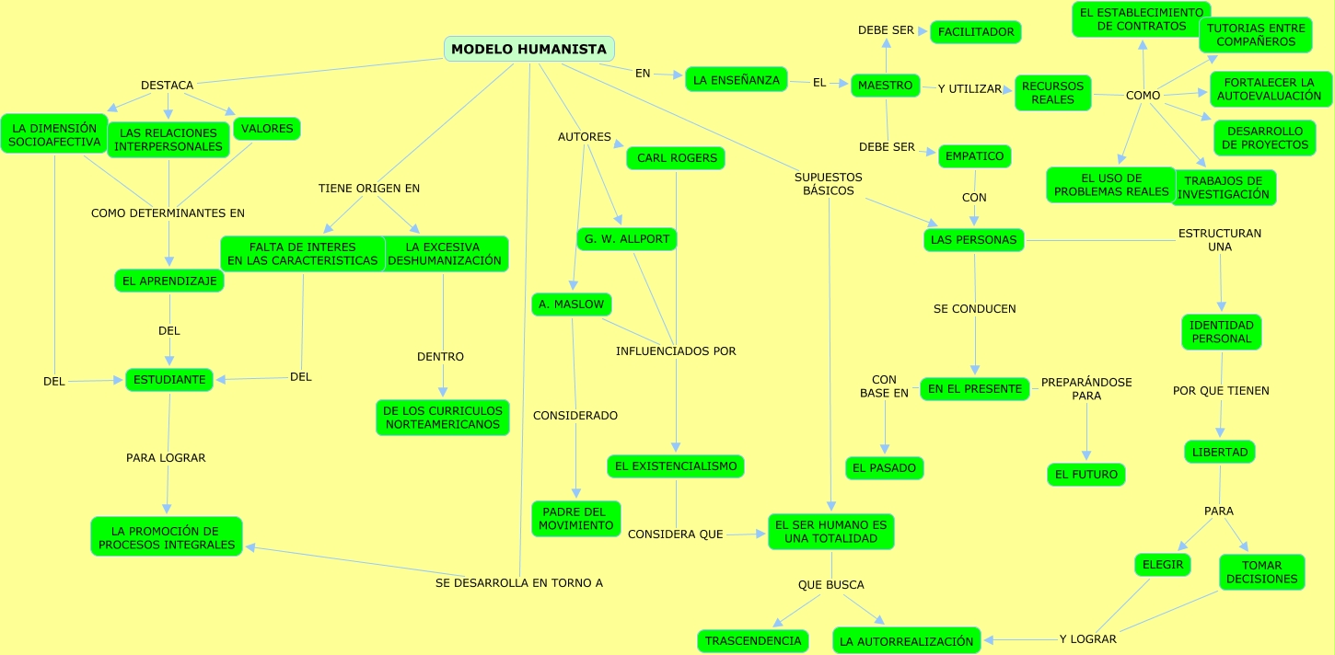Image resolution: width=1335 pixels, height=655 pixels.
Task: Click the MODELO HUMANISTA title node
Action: [528, 50]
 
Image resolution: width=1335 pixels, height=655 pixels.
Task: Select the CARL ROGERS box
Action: [676, 158]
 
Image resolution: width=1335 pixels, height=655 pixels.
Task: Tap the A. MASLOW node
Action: [571, 305]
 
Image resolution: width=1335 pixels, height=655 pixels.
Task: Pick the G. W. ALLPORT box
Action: [626, 239]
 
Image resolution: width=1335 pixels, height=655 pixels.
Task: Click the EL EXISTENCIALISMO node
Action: [676, 466]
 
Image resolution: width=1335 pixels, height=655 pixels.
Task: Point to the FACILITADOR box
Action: [976, 32]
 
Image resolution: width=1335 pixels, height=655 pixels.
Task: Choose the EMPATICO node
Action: [974, 156]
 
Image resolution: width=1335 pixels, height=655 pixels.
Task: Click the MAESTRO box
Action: [885, 86]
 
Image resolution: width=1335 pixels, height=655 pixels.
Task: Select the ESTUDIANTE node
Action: [169, 379]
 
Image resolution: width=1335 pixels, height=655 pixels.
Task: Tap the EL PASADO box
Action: [884, 468]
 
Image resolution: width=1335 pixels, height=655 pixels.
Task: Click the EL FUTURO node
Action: [1085, 475]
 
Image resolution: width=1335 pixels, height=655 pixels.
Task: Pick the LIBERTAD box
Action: [1219, 452]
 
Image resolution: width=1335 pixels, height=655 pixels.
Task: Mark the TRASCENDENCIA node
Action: [753, 640]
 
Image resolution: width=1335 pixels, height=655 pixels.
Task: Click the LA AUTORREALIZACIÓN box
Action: [906, 641]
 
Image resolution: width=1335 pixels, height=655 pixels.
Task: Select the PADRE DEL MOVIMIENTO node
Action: [575, 519]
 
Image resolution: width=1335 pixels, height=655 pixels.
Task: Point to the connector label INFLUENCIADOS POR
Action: [676, 350]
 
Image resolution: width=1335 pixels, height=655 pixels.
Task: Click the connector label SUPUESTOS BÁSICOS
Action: [829, 184]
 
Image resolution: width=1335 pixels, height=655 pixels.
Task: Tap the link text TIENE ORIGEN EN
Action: [369, 189]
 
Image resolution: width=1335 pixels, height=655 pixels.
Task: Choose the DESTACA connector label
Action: [167, 86]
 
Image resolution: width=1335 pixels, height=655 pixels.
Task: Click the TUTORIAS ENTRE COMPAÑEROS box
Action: [1255, 35]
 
